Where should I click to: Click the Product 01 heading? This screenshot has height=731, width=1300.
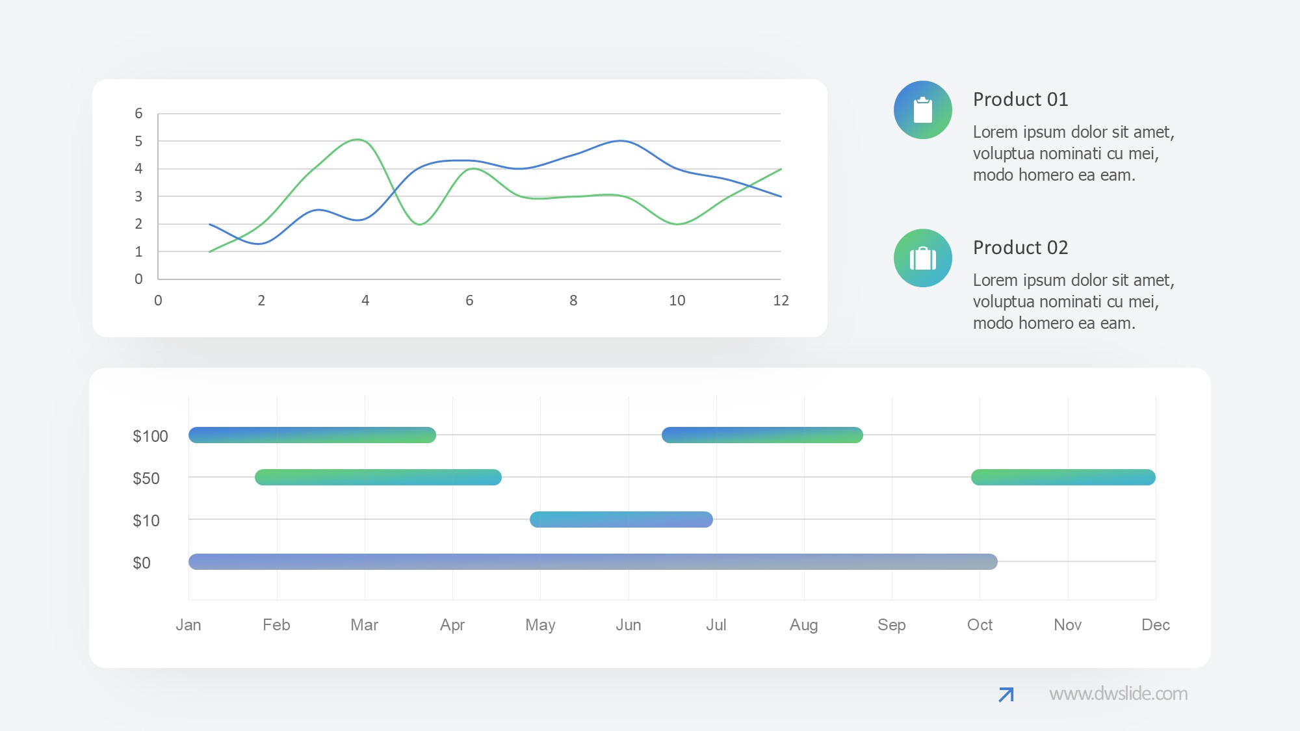click(1020, 99)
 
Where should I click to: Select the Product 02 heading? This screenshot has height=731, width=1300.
click(1020, 248)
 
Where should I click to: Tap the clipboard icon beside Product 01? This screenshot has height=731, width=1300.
click(922, 110)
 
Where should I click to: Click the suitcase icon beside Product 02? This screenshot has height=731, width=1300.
click(922, 258)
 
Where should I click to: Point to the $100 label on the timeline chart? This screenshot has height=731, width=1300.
click(150, 436)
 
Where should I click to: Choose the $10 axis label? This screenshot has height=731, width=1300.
click(146, 520)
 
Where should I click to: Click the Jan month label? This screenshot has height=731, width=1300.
click(188, 624)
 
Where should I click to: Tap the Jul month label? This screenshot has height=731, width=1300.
click(716, 624)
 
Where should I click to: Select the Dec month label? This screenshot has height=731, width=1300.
click(1155, 624)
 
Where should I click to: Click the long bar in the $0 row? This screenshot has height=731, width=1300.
click(592, 561)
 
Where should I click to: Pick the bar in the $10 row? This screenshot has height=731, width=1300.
click(621, 519)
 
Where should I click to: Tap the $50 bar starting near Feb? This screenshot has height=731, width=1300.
click(378, 478)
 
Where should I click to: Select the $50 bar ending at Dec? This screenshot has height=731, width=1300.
click(1063, 478)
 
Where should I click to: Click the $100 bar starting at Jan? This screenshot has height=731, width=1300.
click(312, 435)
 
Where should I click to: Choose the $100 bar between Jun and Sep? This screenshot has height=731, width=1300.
click(762, 435)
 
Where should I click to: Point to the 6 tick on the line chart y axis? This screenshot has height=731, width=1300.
click(138, 114)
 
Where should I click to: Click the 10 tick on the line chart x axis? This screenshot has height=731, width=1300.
click(677, 300)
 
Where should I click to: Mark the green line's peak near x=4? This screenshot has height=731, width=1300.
click(357, 140)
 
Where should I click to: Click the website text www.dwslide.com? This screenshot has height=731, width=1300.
click(1118, 694)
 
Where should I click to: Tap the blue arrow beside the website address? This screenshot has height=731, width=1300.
click(1006, 695)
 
